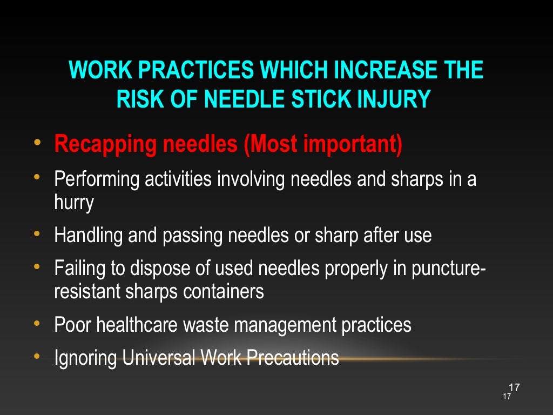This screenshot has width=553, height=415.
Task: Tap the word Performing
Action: coord(97,179)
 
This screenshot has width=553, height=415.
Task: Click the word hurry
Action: coord(74,203)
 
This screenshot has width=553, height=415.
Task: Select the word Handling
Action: coord(89,236)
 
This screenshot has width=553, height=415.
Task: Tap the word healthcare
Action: coord(138,325)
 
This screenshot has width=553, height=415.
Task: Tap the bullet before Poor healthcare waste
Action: coord(37,324)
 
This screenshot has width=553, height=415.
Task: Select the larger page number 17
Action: coord(514,387)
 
